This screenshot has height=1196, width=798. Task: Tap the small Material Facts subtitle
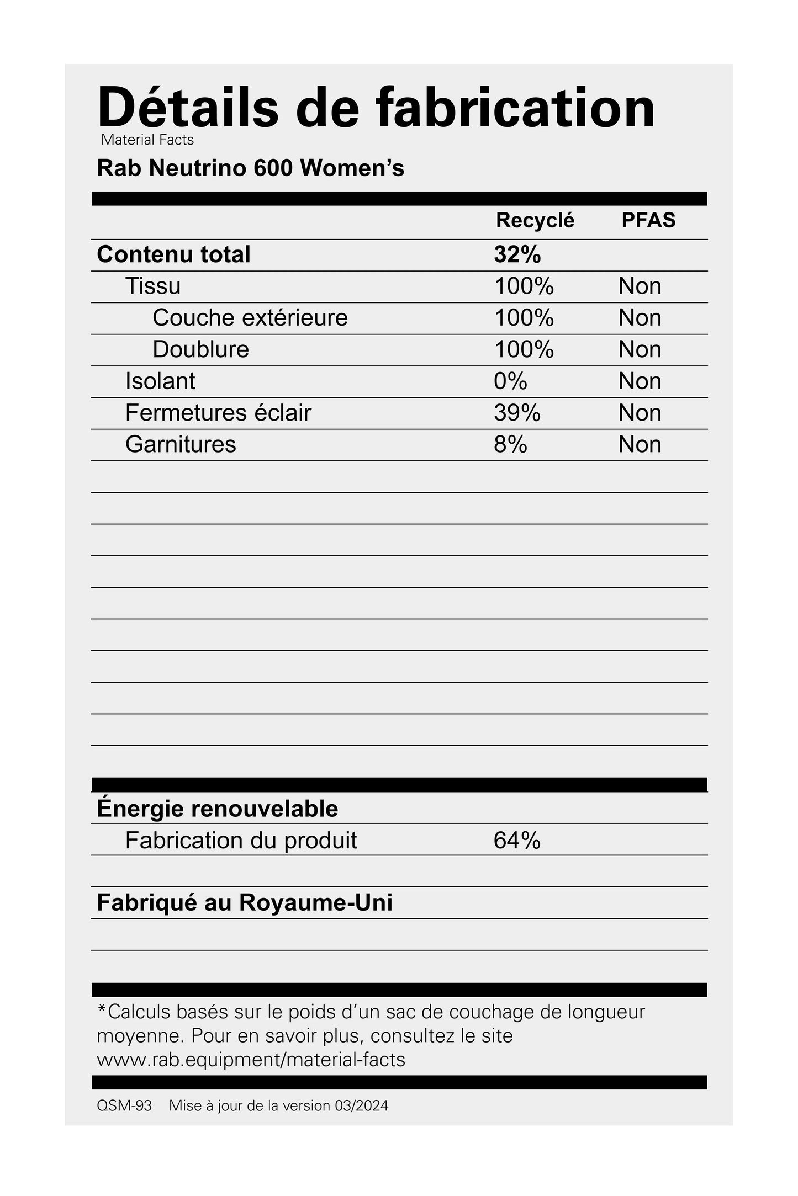tap(147, 140)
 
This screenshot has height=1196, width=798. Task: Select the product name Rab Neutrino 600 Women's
tap(250, 168)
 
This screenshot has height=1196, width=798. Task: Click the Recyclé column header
tap(535, 220)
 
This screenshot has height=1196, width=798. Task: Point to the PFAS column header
tap(648, 220)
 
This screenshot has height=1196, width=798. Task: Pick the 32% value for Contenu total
tap(517, 254)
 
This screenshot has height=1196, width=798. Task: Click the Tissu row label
tap(153, 286)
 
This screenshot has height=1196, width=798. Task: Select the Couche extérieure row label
tap(250, 318)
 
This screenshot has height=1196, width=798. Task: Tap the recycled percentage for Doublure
tap(524, 349)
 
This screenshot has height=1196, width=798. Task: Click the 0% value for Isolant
tap(510, 381)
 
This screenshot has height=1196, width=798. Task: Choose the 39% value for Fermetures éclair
tap(517, 413)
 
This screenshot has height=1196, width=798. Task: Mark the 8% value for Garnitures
tap(510, 444)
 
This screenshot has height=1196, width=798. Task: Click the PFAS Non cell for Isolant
tap(640, 381)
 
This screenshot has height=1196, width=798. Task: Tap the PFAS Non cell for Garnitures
tap(640, 444)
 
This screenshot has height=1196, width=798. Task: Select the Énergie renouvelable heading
tap(217, 809)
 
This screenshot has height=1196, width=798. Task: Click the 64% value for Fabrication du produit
tap(517, 841)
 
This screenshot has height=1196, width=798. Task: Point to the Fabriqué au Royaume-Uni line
tap(245, 903)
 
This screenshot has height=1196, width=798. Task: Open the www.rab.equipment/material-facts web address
tap(251, 1060)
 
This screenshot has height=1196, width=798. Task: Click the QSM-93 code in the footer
tap(124, 1105)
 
